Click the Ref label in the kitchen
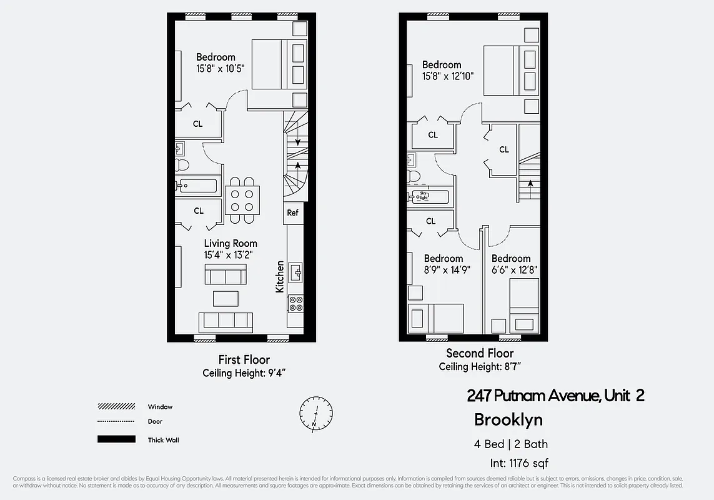tap(292, 212)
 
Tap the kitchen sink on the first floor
tap(295, 272)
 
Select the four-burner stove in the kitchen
tap(295, 304)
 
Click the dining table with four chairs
tap(242, 199)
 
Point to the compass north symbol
tap(316, 413)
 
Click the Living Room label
tap(231, 243)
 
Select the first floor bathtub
tap(197, 186)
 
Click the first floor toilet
tap(181, 165)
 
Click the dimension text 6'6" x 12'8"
tap(514, 270)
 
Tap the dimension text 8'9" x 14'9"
tap(447, 270)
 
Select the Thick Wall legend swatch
tap(116, 439)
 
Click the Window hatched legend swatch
tap(116, 407)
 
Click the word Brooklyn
tap(508, 419)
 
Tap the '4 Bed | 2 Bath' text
tap(510, 444)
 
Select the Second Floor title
tap(480, 354)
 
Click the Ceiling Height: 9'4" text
tap(244, 373)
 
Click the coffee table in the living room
tap(226, 297)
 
